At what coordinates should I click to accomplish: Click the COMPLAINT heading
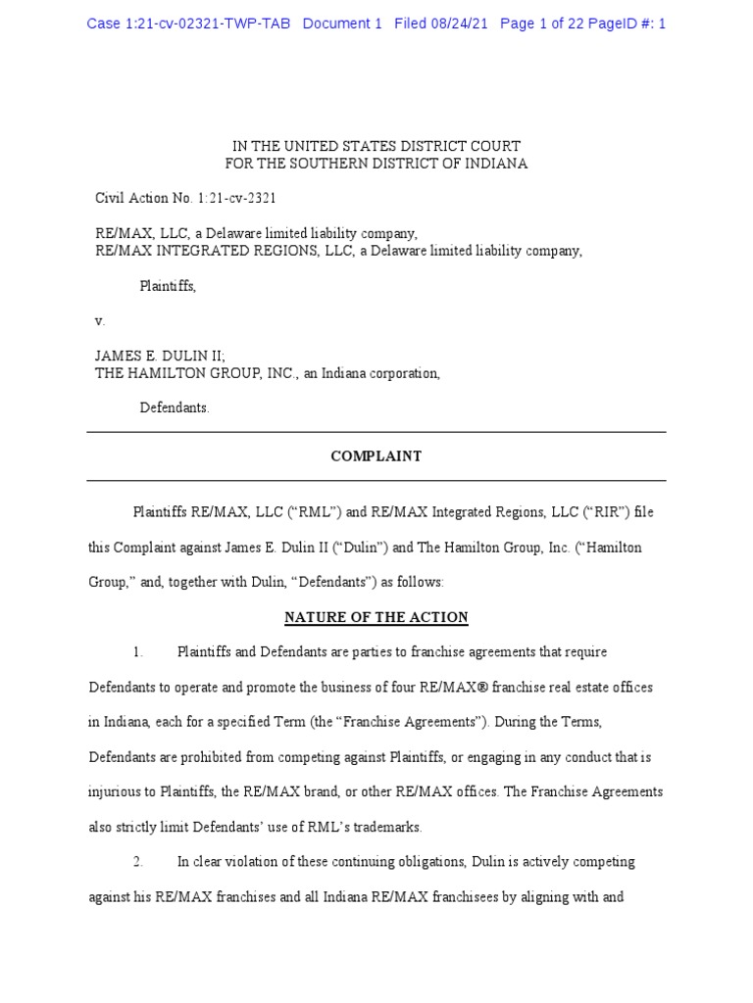tap(376, 456)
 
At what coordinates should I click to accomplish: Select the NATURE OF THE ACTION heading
tap(376, 618)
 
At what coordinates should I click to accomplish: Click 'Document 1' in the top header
tap(342, 24)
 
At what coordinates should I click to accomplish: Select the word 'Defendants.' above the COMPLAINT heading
tap(174, 407)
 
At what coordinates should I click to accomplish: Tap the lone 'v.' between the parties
tap(99, 320)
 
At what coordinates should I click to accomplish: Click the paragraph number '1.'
tap(138, 652)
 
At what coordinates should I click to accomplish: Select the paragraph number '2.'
tap(138, 862)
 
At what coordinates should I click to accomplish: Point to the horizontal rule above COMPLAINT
tap(376, 432)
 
